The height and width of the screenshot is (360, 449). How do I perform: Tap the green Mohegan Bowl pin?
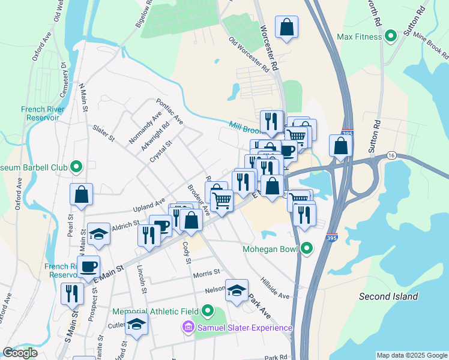[x=307, y=248]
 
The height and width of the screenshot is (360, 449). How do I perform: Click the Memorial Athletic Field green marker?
[x=208, y=311]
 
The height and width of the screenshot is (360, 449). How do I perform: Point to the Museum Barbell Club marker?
[x=76, y=166]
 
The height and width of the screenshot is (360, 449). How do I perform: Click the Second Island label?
[x=388, y=296]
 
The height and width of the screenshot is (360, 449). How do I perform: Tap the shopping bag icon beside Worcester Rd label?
[x=287, y=26]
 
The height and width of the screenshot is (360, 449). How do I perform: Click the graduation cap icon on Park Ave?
[x=237, y=290]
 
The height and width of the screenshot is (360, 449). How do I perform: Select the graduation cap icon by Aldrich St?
[x=98, y=235]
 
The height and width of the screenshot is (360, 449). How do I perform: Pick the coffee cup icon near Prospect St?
[x=89, y=266]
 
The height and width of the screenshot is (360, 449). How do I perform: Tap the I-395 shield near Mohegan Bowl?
[x=332, y=238]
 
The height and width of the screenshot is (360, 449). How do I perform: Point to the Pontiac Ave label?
[x=169, y=112]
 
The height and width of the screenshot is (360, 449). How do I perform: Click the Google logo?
[x=20, y=353]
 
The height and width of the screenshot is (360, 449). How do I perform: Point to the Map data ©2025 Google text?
[x=411, y=355]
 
